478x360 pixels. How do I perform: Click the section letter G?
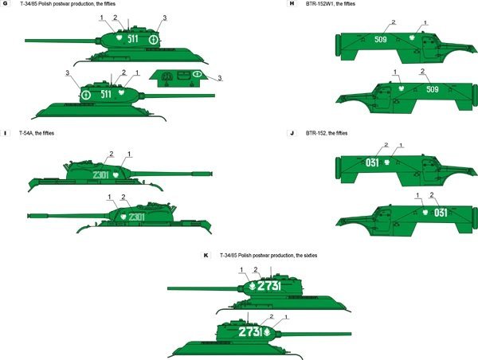[6, 5]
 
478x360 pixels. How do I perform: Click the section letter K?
[206, 256]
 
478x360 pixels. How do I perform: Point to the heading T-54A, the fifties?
[37, 133]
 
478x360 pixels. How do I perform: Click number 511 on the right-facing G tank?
[104, 94]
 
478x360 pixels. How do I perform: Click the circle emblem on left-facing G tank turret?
[154, 37]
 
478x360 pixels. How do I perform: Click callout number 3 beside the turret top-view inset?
[220, 78]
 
